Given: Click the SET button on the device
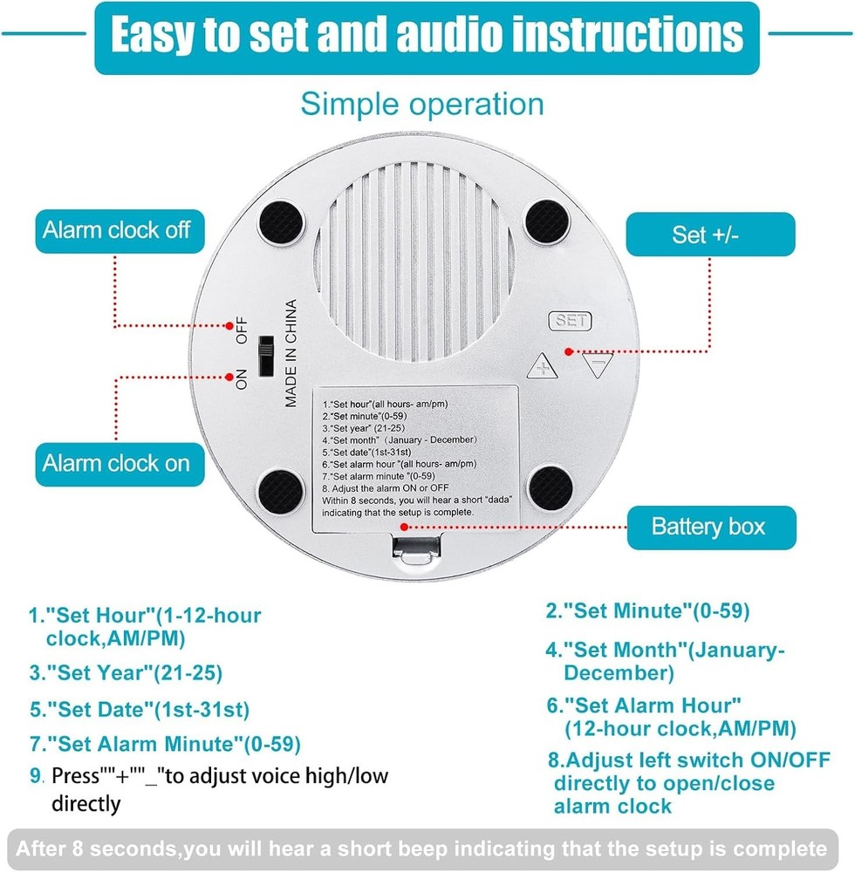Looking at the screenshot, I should (x=569, y=321).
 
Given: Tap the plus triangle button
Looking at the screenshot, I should (x=543, y=366).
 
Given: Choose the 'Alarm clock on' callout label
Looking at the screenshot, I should (x=116, y=462).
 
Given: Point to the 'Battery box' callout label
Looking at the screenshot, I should (x=708, y=527).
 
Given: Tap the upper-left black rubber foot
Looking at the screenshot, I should (x=281, y=222).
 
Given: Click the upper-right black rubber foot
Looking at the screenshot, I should (x=547, y=222).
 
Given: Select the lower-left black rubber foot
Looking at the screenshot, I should (x=281, y=489).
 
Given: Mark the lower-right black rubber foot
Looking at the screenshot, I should (x=549, y=488).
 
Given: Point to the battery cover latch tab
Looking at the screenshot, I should (x=416, y=549).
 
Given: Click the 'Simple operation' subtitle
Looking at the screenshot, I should (x=422, y=104).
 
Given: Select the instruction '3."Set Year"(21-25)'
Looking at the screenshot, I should (x=126, y=672).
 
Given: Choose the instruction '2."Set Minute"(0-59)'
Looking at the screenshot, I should (x=647, y=611).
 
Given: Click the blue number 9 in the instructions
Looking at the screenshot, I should (x=36, y=775).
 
